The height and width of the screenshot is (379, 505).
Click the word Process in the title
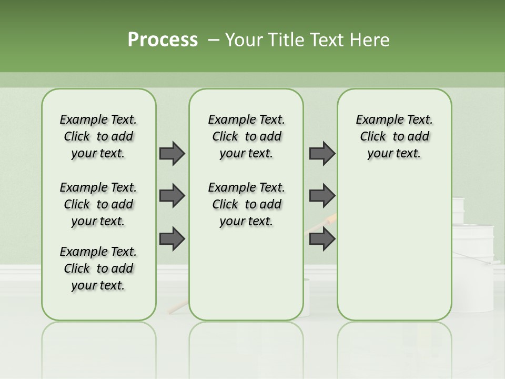[x=163, y=40]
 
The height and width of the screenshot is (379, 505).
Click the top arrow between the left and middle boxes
[x=171, y=153]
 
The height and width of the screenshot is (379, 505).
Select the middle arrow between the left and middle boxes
[x=171, y=196]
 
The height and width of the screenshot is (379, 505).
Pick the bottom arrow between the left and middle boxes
[x=171, y=238]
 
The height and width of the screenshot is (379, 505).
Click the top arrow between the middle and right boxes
[x=322, y=153]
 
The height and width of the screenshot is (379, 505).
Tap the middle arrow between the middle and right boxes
[x=322, y=196]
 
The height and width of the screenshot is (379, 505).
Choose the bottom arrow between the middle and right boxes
[x=322, y=238]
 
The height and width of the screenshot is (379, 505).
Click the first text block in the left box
[x=98, y=136]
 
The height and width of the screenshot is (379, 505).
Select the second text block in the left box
[x=98, y=204]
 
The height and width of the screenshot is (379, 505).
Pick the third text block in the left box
[x=98, y=268]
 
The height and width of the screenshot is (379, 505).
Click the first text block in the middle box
[x=246, y=136]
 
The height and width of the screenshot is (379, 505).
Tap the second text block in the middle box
[x=246, y=204]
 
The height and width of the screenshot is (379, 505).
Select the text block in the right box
[x=394, y=136]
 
